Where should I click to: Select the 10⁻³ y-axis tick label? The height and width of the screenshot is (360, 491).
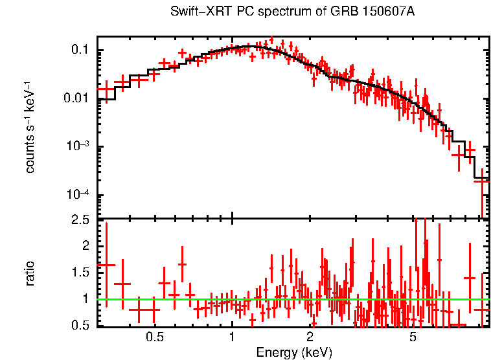[79, 147]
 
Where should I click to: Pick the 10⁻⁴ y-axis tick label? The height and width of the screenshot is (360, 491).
[79, 195]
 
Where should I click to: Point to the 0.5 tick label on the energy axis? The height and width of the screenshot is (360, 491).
[154, 337]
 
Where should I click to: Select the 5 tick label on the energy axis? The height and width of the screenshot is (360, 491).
[413, 337]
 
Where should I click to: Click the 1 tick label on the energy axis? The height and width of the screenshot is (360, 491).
[232, 337]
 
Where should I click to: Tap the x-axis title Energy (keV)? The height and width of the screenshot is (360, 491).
[294, 352]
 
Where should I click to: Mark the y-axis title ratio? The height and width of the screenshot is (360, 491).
[30, 273]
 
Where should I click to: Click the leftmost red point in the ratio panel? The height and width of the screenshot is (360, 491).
[106, 265]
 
